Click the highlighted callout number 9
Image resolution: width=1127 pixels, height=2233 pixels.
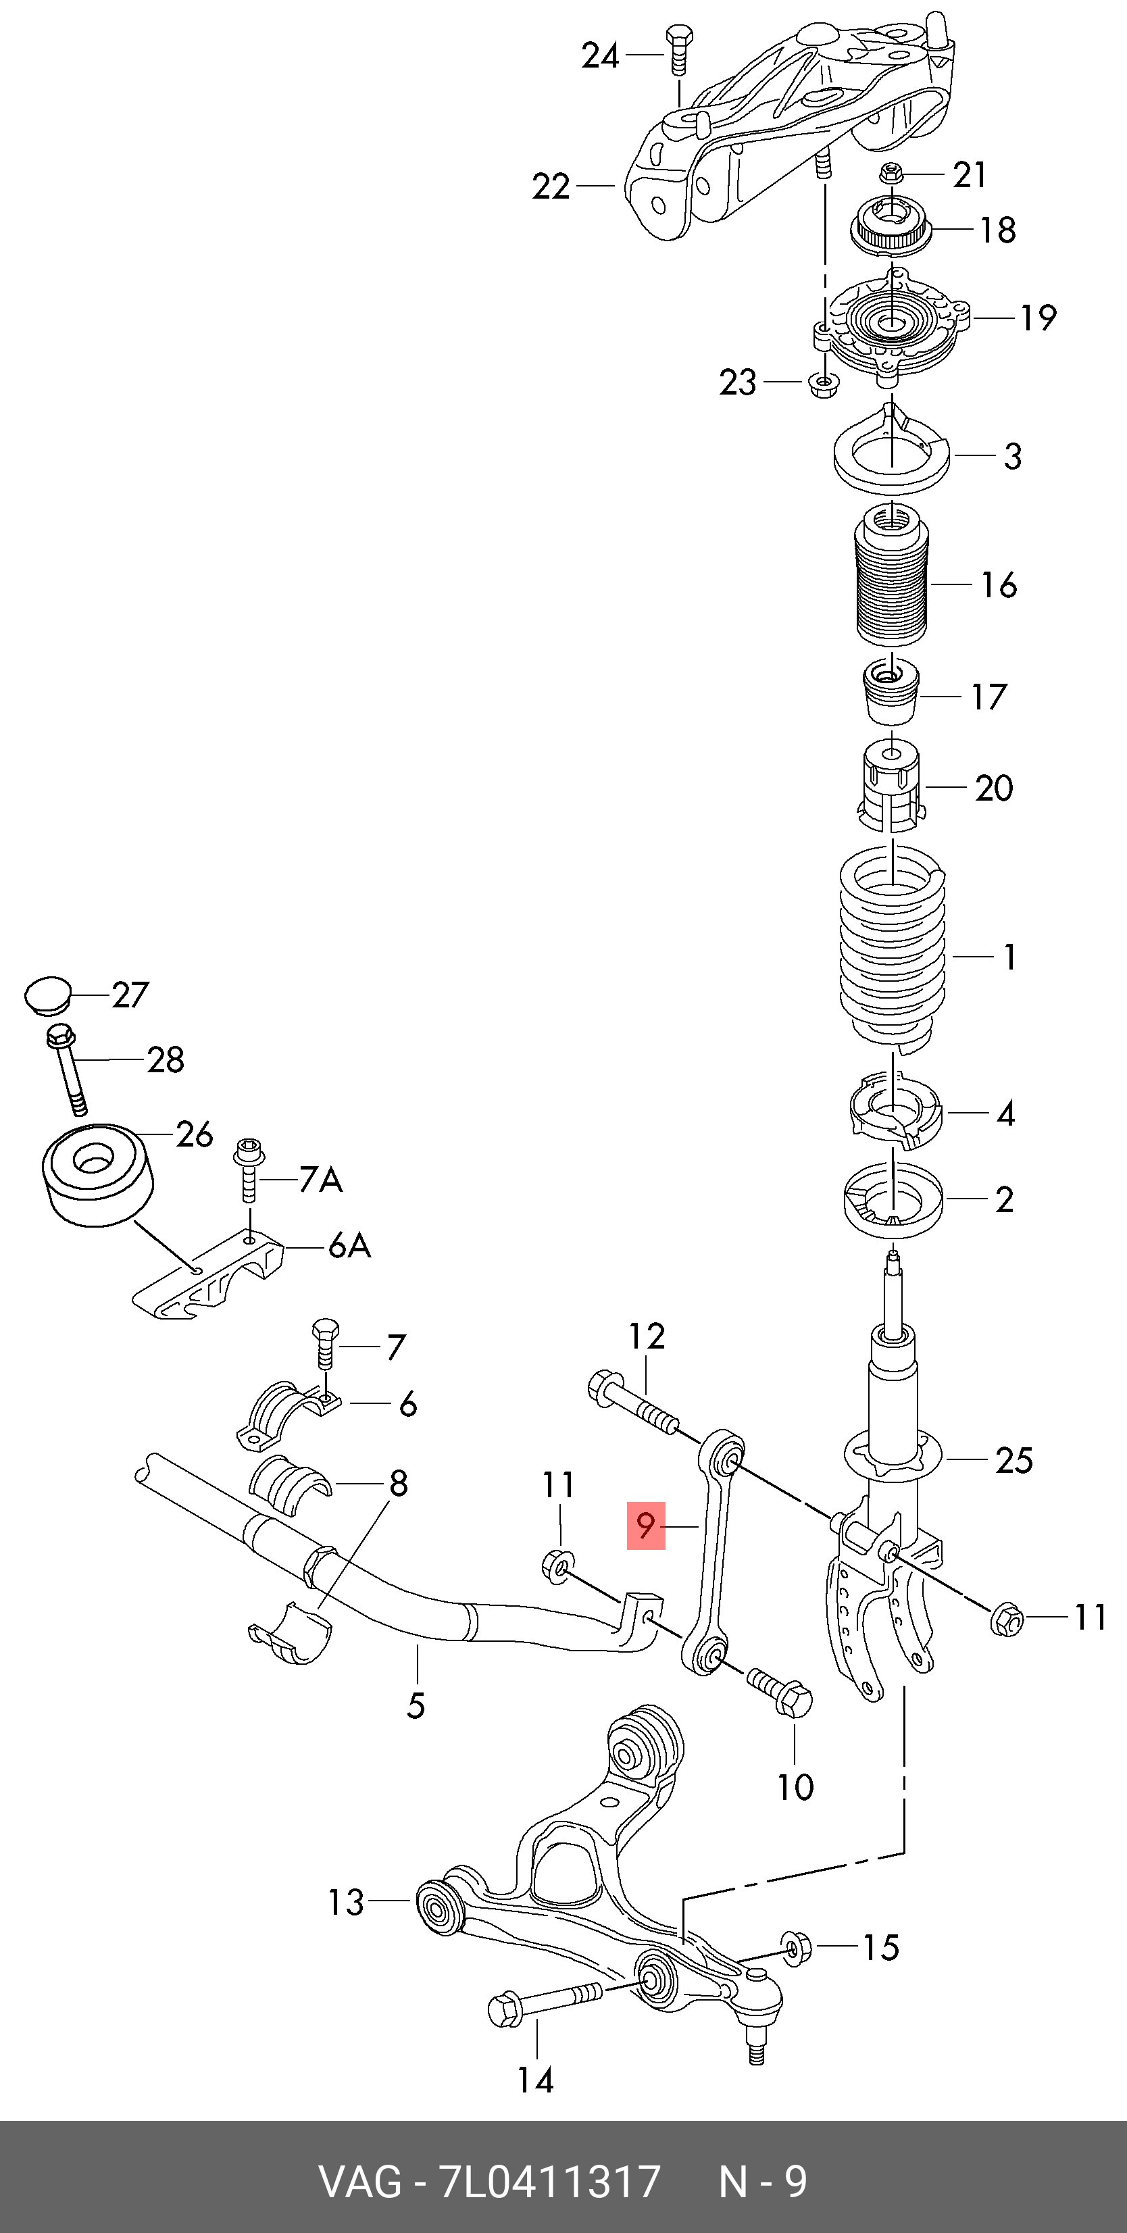[x=646, y=1526]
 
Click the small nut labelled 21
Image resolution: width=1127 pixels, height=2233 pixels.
[x=888, y=174]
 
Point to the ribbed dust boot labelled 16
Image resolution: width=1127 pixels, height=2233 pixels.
[x=891, y=581]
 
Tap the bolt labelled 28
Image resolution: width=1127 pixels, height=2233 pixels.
[x=68, y=1071]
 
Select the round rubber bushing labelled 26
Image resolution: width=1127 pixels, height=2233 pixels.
[x=96, y=1174]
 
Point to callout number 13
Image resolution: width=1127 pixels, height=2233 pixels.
[x=346, y=1903]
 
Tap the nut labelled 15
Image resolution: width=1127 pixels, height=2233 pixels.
[x=796, y=1948]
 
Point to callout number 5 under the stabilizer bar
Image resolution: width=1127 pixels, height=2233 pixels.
[x=416, y=1706]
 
